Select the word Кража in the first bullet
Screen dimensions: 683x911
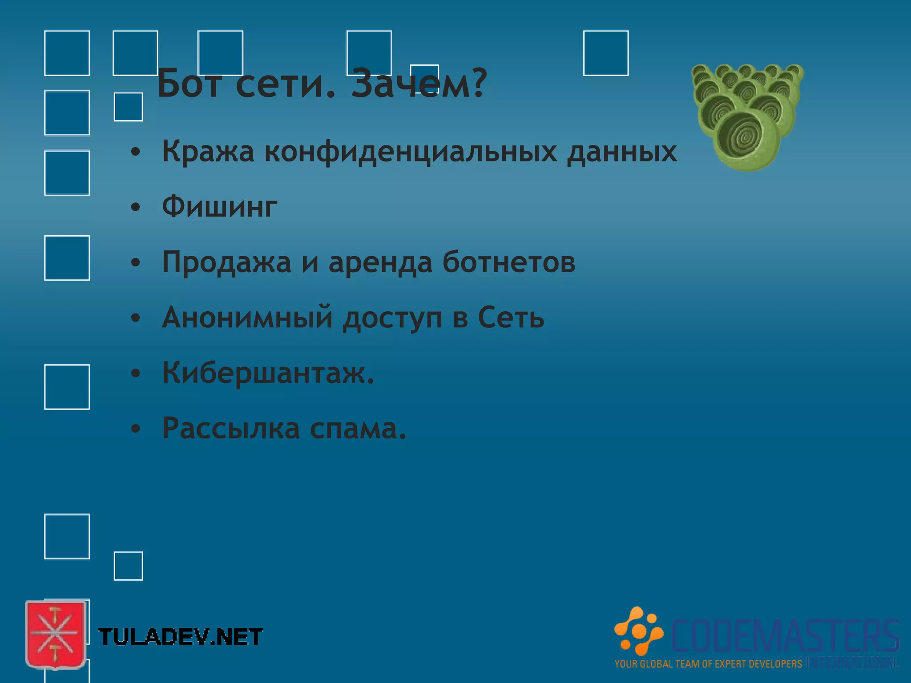pyautogui.click(x=208, y=151)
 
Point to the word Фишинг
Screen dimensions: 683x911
pyautogui.click(x=220, y=207)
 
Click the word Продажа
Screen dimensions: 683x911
pyautogui.click(x=226, y=262)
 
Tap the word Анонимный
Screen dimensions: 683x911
pyautogui.click(x=247, y=317)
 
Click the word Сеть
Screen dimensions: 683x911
pyautogui.click(x=511, y=317)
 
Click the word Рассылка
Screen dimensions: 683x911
pyautogui.click(x=231, y=428)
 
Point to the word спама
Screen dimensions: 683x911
pyautogui.click(x=358, y=428)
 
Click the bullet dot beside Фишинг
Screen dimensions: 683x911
pyautogui.click(x=136, y=207)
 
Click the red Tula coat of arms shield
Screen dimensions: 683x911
pyautogui.click(x=56, y=634)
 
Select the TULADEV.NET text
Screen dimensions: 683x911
pyautogui.click(x=180, y=637)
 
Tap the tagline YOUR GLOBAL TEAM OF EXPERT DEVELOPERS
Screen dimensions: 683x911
pyautogui.click(x=708, y=664)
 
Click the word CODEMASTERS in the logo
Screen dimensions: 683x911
pyautogui.click(x=785, y=636)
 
